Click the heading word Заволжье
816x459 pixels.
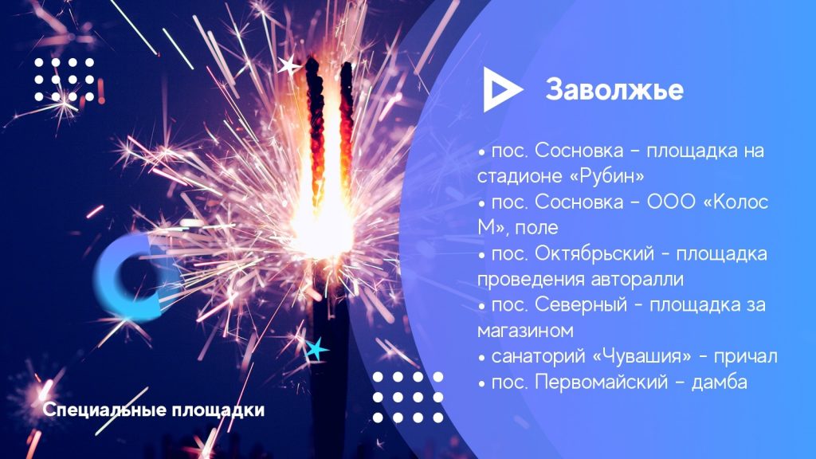(x=614, y=89)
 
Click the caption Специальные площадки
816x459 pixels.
(x=154, y=410)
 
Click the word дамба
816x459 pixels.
(x=720, y=382)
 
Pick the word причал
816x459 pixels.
(x=745, y=357)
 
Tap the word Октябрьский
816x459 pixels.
(x=594, y=253)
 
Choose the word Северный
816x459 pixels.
(x=581, y=305)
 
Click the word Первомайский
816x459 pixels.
(x=601, y=382)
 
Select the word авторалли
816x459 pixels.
(x=637, y=280)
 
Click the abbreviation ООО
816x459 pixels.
(x=671, y=202)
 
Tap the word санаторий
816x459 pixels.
(x=539, y=357)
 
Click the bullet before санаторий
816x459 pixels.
(x=482, y=358)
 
